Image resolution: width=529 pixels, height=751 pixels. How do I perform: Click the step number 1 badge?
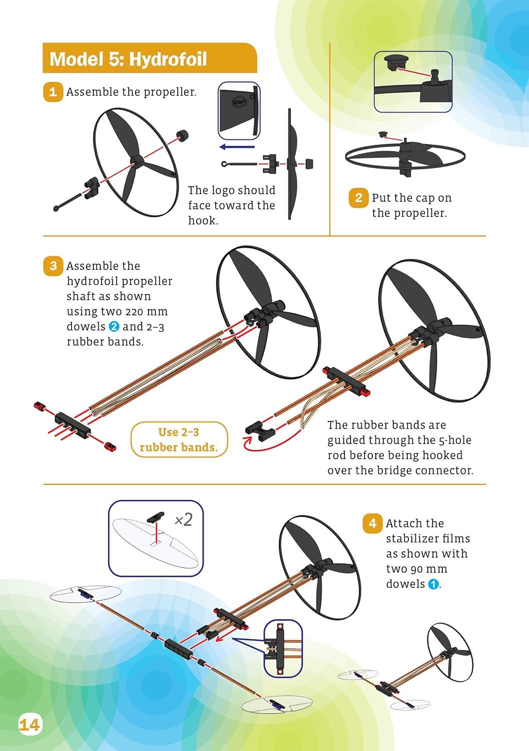[53, 92]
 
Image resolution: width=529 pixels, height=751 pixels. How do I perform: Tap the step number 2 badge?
[358, 198]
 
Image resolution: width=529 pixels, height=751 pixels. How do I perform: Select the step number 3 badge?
[53, 266]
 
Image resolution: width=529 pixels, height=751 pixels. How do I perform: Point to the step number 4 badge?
[372, 523]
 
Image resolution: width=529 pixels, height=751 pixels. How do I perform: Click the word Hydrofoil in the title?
[168, 60]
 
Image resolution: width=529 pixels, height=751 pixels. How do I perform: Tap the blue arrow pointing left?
[237, 147]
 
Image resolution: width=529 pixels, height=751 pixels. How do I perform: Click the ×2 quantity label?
[184, 520]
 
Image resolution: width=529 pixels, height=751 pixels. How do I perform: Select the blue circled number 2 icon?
[114, 326]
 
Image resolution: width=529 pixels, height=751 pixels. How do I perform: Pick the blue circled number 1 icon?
[433, 584]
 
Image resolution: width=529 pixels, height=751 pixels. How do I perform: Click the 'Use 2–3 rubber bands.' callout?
[179, 440]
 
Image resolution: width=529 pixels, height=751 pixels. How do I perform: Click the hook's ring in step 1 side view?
[224, 164]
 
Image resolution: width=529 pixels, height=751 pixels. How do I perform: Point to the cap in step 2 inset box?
[396, 63]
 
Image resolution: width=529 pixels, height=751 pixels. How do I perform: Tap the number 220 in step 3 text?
[135, 312]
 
